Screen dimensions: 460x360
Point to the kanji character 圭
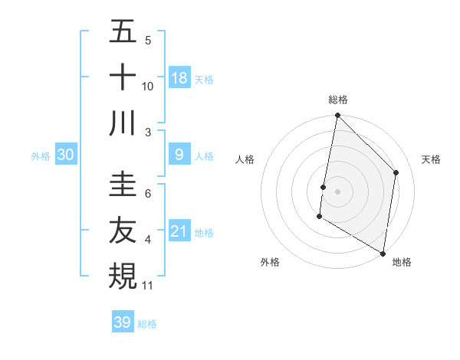coord(123,184)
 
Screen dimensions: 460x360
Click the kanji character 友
coord(123,231)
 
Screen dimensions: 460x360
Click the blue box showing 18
coord(179,77)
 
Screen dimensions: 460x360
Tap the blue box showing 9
coord(179,155)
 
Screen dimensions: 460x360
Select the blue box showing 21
coord(179,231)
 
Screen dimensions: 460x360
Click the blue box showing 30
coord(66,155)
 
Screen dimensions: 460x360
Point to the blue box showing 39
coord(123,322)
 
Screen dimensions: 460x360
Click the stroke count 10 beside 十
coord(148,86)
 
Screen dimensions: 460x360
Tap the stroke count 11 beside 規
coord(148,286)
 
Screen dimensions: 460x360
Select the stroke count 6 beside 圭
coord(148,194)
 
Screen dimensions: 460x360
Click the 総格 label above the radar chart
coord(338,100)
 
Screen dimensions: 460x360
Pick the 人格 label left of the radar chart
coord(246,159)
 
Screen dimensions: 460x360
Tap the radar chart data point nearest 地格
coord(383,253)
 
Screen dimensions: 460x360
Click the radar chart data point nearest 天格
coord(396,172)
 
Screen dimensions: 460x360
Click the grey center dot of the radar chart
coord(338,191)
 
